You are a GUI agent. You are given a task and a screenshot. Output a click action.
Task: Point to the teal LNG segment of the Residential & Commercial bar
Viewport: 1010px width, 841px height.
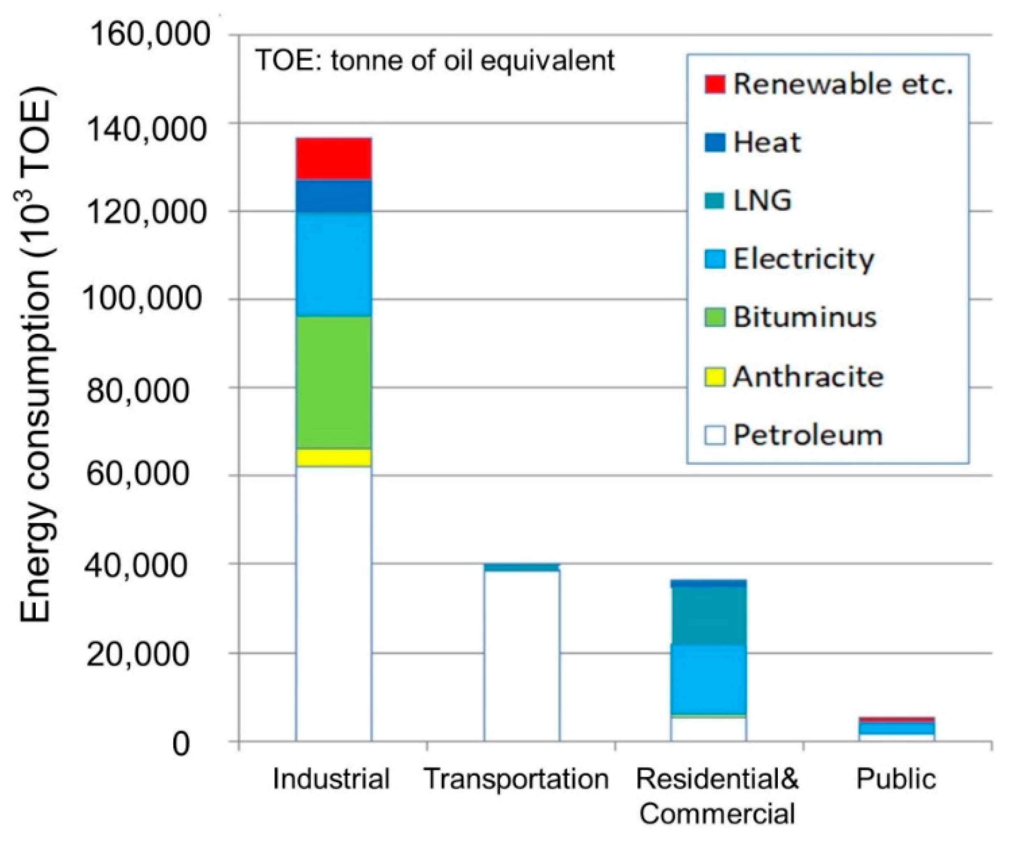pyautogui.click(x=709, y=615)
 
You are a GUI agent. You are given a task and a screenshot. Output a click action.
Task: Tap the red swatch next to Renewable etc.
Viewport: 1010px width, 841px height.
pyautogui.click(x=715, y=84)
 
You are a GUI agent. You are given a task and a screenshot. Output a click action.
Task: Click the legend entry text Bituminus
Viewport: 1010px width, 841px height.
pyautogui.click(x=805, y=317)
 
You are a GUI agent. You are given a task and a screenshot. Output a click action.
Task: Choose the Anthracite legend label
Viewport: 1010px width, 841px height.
pyautogui.click(x=808, y=377)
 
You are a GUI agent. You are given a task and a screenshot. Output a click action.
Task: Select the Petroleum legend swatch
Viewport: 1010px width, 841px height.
pyautogui.click(x=715, y=435)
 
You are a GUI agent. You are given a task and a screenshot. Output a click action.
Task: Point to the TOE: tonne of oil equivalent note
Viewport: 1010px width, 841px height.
pyautogui.click(x=435, y=61)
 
